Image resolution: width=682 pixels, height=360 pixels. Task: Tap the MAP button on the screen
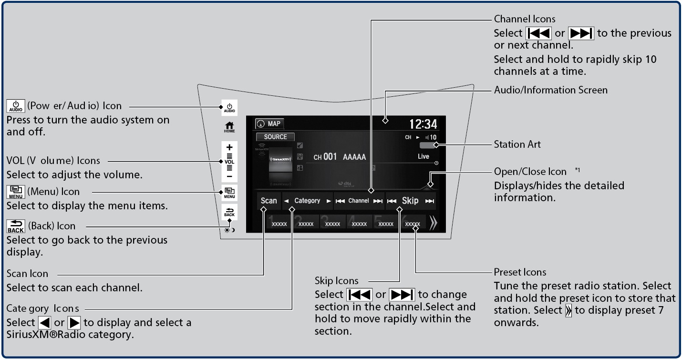pyautogui.click(x=269, y=124)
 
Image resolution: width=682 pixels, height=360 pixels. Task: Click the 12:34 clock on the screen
pyautogui.click(x=424, y=124)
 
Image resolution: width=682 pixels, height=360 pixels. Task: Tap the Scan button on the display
pyautogui.click(x=269, y=201)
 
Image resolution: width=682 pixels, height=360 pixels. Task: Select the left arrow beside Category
pyautogui.click(x=286, y=201)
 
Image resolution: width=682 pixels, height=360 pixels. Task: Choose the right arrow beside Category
pyautogui.click(x=329, y=201)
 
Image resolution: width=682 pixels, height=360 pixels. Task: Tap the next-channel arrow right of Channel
pyautogui.click(x=378, y=201)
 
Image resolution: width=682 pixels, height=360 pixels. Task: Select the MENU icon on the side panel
pyautogui.click(x=229, y=193)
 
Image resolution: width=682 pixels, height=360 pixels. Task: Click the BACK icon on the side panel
pyautogui.click(x=229, y=212)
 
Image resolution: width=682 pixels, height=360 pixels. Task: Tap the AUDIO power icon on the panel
pyautogui.click(x=229, y=108)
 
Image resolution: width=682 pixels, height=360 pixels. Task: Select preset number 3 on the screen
pyautogui.click(x=332, y=223)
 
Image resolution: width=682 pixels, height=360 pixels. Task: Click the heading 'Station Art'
pyautogui.click(x=517, y=144)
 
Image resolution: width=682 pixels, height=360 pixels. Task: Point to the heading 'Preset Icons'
pyautogui.click(x=520, y=272)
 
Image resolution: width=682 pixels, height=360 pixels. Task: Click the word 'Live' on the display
pyautogui.click(x=423, y=156)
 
